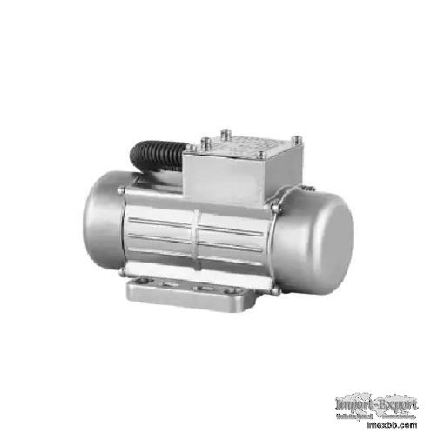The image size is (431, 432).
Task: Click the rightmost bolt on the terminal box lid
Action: [x=297, y=139]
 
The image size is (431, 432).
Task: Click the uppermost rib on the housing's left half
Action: [x=161, y=207]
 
